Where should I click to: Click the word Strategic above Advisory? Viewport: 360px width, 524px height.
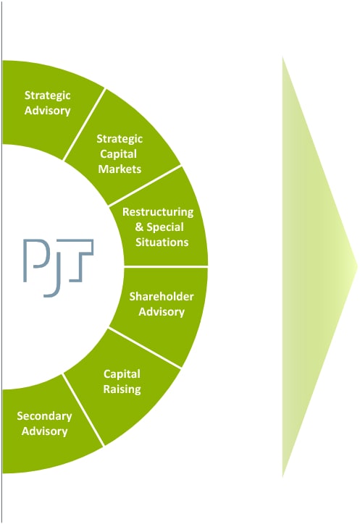pos(48,96)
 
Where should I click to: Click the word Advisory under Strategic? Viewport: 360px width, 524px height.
pos(48,111)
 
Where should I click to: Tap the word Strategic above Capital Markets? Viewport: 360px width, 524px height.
pos(120,139)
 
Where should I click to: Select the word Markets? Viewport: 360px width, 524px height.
pos(120,169)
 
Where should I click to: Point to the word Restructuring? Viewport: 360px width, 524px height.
pos(158,212)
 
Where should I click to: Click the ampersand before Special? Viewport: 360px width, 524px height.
pos(139,227)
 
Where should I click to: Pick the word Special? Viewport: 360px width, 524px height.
pos(165,227)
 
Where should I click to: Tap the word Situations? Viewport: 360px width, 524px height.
pos(162,242)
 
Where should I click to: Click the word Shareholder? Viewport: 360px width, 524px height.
pos(162,297)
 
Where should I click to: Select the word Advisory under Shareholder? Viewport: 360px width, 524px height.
pos(162,312)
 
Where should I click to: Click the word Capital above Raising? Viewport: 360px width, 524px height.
pos(122,374)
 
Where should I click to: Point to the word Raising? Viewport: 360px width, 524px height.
pos(122,389)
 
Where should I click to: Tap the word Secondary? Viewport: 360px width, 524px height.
pos(44,416)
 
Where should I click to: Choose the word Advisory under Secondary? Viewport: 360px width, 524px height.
pos(44,431)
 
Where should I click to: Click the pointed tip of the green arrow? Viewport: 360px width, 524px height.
pos(357,267)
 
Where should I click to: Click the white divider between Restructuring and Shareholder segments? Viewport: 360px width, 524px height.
pos(166,266)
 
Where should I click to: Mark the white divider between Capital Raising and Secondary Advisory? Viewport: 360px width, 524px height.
pos(83,410)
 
